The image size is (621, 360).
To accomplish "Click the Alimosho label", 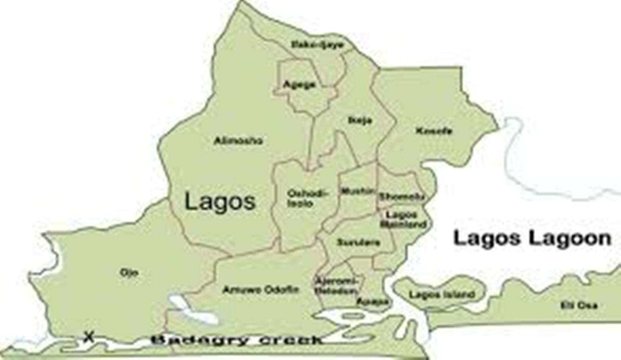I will pos(238,141).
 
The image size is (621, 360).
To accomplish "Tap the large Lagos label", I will pos(220,201).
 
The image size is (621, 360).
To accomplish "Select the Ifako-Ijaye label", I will pos(318,45).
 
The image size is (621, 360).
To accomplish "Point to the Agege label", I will pos(299,84).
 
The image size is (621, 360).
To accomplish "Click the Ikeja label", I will pos(360,121).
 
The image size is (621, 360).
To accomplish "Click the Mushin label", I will pos(357,191).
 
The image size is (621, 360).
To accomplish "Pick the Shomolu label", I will pos(401,197).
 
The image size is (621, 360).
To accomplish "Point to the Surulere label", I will pos(358,243).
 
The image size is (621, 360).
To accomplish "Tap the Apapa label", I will pos(372,302).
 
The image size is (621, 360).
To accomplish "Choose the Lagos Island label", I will pos(442,295).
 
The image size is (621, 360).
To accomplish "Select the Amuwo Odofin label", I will pos(261,290).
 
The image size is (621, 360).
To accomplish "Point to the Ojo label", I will pos(129,273).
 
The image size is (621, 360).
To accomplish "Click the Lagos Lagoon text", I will pos(532,238).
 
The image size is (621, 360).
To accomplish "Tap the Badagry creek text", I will pos(236,340).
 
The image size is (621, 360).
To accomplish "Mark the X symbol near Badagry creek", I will pos(89,337).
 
